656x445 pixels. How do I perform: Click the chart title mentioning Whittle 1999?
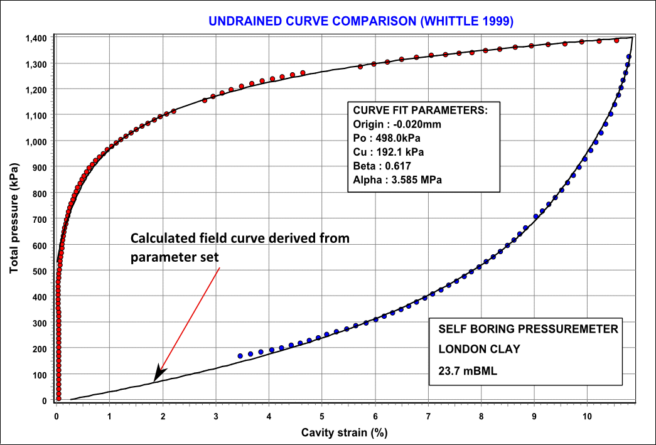pyautogui.click(x=361, y=21)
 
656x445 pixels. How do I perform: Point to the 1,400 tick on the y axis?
pyautogui.click(x=35, y=38)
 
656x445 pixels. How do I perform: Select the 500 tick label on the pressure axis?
pyautogui.click(x=41, y=271)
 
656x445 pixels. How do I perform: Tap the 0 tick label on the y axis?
pyautogui.click(x=45, y=400)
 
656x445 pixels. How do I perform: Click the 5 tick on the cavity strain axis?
pyautogui.click(x=322, y=416)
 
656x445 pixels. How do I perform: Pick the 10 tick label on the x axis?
pyautogui.click(x=586, y=416)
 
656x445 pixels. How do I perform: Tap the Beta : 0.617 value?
pyautogui.click(x=382, y=166)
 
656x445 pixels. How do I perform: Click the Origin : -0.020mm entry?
pyautogui.click(x=397, y=124)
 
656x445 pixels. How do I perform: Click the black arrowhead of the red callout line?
pyautogui.click(x=158, y=374)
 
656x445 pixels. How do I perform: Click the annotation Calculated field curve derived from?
pyautogui.click(x=240, y=239)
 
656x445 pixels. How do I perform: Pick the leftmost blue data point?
pyautogui.click(x=240, y=356)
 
